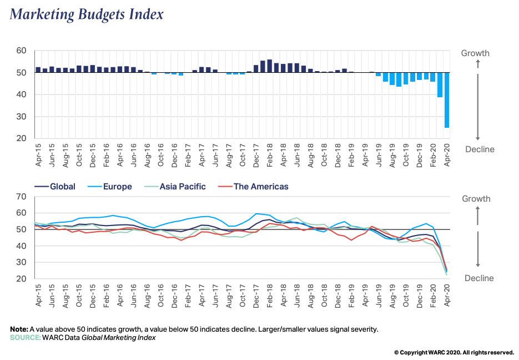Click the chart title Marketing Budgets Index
click(87, 14)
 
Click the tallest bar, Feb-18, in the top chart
click(270, 66)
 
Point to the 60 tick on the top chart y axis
click(22, 51)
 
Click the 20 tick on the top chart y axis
click(22, 139)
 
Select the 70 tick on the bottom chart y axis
click(22, 197)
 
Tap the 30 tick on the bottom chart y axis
click(22, 263)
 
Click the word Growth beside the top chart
click(476, 53)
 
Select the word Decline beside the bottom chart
click(479, 278)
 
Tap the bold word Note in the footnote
click(19, 329)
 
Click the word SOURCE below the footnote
click(24, 337)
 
